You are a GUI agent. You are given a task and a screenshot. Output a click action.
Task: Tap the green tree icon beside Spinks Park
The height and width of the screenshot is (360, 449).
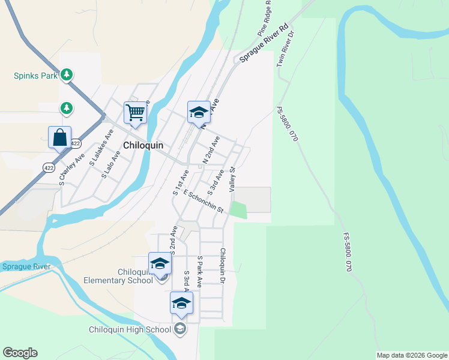click(68, 75)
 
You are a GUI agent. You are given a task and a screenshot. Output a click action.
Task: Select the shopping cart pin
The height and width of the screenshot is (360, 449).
click(136, 113)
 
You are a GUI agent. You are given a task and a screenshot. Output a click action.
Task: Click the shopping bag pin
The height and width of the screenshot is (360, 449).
click(60, 137)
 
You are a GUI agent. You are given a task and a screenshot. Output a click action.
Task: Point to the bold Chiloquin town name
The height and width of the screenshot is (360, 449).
click(144, 146)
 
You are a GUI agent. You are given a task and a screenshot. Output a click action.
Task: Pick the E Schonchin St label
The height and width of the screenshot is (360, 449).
click(203, 201)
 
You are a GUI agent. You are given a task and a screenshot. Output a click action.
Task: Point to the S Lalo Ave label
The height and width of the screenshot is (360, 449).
click(112, 165)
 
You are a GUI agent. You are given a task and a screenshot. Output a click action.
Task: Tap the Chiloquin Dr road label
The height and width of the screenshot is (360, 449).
click(223, 266)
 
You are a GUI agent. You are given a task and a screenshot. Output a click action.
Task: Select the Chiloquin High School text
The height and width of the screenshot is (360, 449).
click(129, 329)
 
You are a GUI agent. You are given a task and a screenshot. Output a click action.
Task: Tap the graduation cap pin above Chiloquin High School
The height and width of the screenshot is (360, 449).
click(181, 303)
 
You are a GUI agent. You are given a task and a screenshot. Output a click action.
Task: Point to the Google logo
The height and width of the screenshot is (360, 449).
click(20, 353)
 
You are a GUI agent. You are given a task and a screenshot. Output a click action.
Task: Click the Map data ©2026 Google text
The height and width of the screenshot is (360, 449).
click(412, 355)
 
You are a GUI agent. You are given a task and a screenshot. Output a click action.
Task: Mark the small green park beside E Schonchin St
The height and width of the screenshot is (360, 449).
click(238, 210)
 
